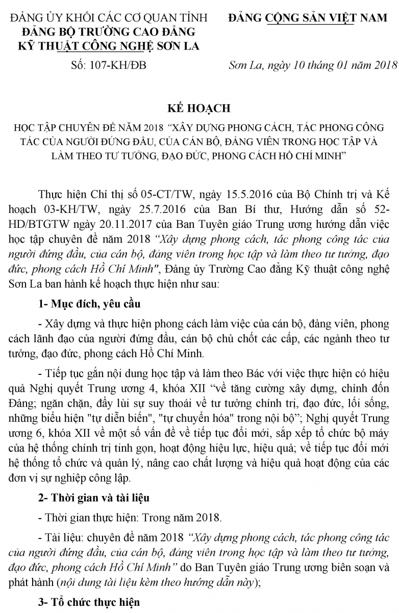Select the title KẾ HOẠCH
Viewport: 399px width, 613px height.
(199, 108)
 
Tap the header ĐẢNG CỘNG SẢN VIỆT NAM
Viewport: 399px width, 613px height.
(308, 18)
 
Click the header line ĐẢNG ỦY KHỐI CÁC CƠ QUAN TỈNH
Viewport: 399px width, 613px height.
(109, 18)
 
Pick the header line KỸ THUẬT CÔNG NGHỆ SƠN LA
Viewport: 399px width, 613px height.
(109, 46)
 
